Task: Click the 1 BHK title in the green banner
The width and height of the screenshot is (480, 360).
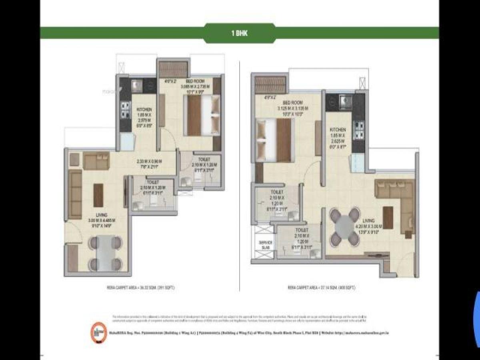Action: click(239, 33)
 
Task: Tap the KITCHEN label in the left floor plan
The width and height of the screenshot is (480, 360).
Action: click(144, 109)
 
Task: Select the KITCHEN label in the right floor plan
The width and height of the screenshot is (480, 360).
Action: click(338, 130)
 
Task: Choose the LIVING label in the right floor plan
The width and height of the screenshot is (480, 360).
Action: click(368, 221)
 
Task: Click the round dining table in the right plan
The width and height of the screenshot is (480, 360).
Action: click(344, 227)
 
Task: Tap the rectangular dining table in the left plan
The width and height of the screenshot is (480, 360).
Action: click(106, 253)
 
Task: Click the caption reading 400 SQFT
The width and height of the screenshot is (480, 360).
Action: click(321, 288)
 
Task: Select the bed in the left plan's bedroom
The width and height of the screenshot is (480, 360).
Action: click(202, 116)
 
